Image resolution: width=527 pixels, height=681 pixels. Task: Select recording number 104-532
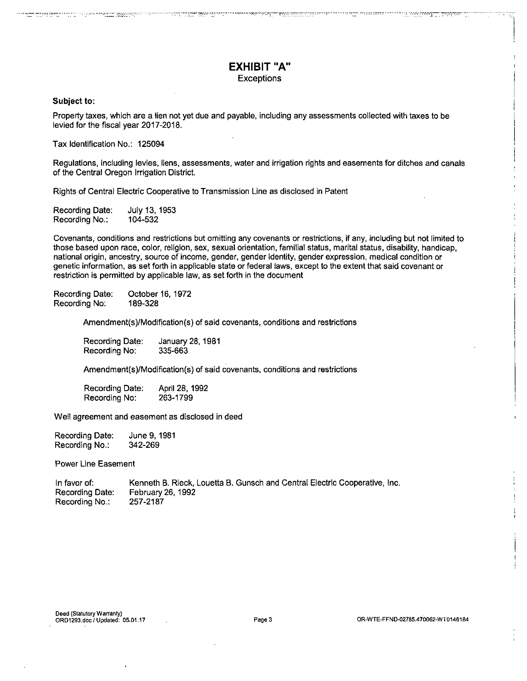[143, 220]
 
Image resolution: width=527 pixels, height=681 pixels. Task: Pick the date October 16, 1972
[160, 294]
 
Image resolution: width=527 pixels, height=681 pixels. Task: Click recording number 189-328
[143, 303]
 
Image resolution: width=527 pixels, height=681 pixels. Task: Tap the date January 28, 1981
[189, 341]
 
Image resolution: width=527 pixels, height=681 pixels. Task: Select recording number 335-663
[173, 351]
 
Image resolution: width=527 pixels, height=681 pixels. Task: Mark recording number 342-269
[144, 445]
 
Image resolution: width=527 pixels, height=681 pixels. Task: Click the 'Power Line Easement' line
[95, 464]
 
